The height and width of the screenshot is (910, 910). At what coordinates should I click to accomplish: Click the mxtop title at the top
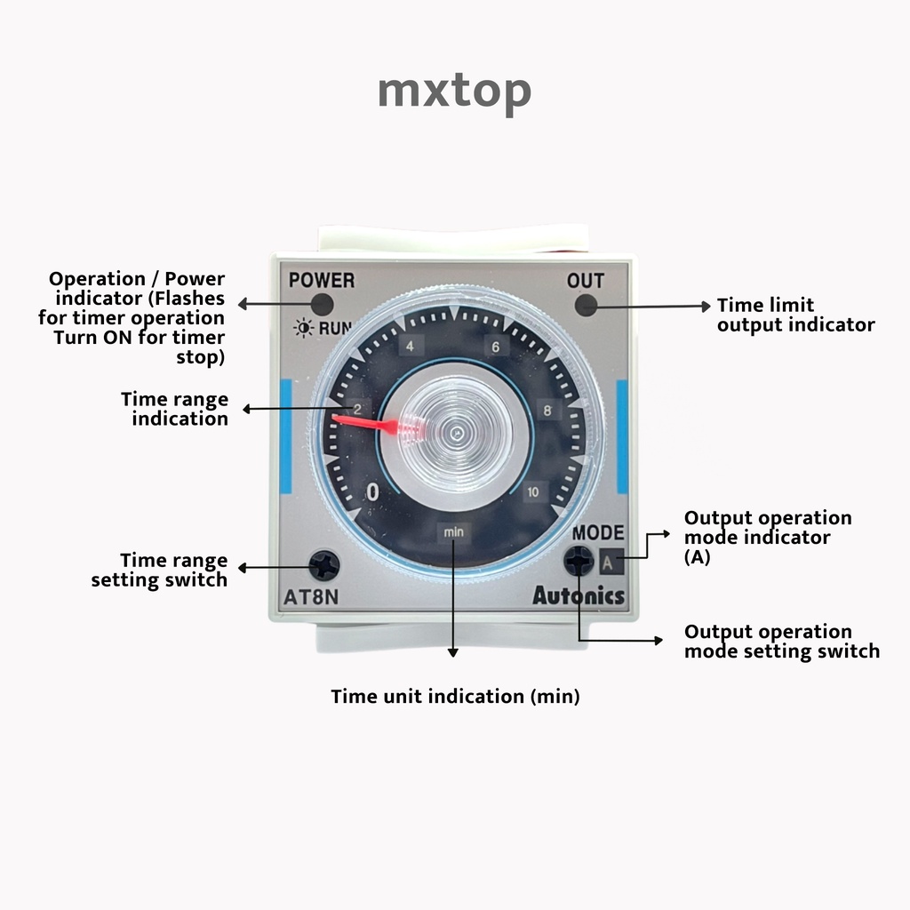click(x=454, y=91)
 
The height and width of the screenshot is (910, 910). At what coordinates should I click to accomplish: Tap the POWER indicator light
click(x=322, y=306)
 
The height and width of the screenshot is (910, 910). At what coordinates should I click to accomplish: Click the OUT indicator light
click(x=585, y=306)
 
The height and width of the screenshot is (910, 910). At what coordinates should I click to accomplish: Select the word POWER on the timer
click(x=322, y=281)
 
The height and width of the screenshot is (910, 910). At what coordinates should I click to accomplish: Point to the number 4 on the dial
click(x=410, y=347)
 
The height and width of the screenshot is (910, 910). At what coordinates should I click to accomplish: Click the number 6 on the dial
click(x=496, y=347)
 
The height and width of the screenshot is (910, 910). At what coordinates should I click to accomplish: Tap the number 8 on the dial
click(x=547, y=411)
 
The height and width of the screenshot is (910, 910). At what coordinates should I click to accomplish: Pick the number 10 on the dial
click(x=532, y=492)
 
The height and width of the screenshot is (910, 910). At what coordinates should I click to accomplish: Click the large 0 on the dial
click(x=372, y=492)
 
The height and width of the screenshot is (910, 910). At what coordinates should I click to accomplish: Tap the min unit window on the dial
click(x=454, y=532)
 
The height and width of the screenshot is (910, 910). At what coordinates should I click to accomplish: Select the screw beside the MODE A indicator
click(x=579, y=561)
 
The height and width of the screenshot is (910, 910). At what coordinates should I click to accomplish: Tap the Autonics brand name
click(x=579, y=596)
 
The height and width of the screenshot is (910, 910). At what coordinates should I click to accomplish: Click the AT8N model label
click(x=311, y=596)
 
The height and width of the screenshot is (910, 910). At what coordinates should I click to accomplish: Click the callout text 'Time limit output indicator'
click(x=795, y=315)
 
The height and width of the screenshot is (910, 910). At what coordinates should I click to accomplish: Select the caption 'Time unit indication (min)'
click(x=455, y=697)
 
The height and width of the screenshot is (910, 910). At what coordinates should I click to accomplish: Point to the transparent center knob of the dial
click(x=454, y=433)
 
